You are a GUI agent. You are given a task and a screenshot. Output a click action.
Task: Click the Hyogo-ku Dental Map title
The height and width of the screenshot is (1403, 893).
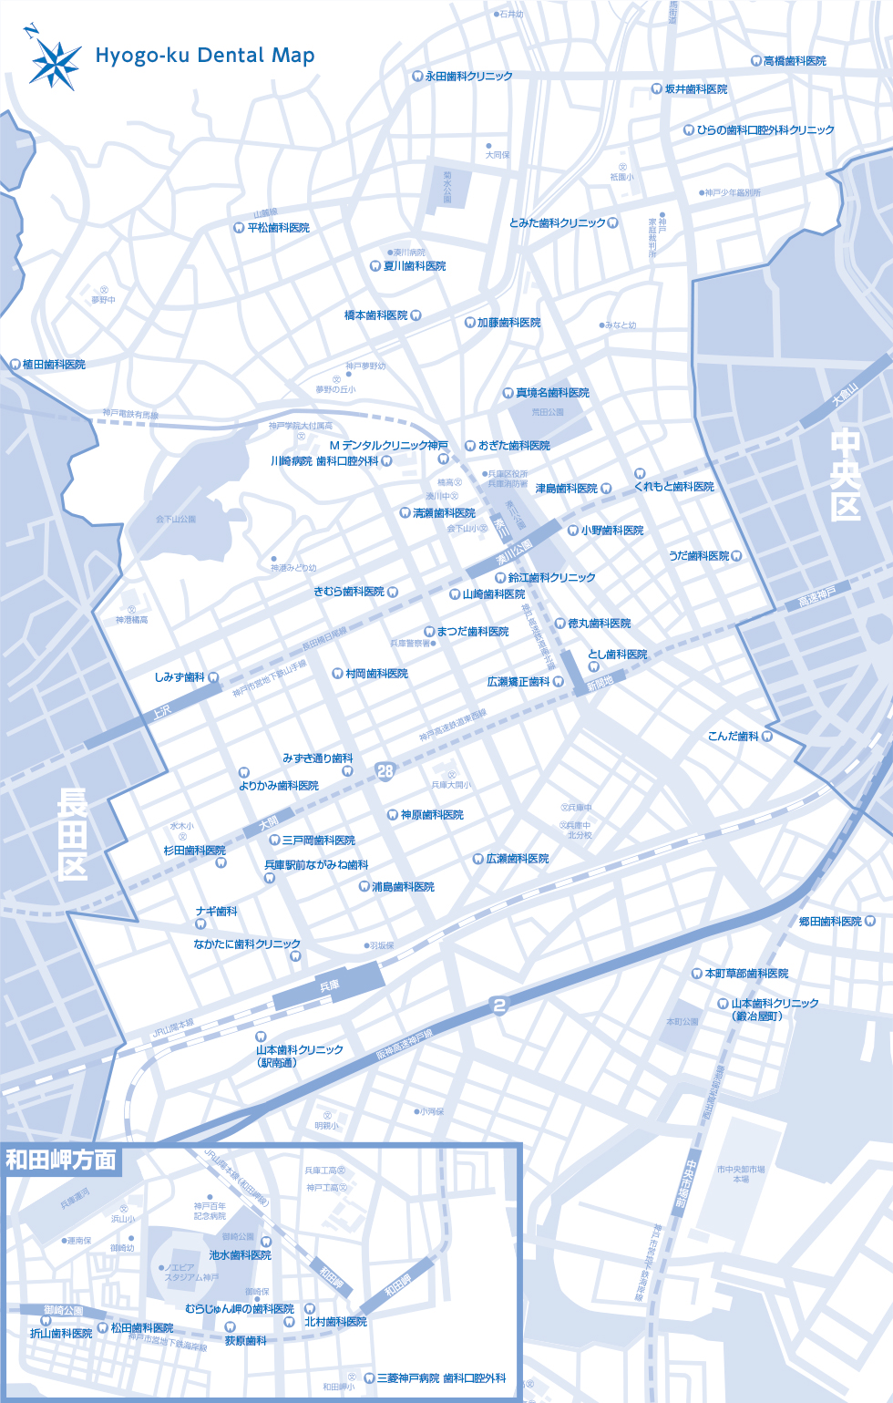point(205,56)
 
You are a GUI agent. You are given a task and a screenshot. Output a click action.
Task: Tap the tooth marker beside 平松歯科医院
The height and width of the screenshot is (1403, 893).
point(239,228)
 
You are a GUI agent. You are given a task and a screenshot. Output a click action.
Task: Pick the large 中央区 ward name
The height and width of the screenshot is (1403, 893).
point(846,475)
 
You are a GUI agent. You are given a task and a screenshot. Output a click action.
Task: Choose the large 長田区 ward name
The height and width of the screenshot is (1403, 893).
point(73,834)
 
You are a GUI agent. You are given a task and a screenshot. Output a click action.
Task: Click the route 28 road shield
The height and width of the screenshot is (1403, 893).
point(385,771)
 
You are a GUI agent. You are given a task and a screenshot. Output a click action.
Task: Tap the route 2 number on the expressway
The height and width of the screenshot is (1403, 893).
point(498,1006)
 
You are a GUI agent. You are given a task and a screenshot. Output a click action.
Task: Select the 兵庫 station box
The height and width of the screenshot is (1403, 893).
point(329,985)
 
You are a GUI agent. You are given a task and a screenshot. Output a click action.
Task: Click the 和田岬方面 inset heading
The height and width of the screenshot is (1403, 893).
point(61,1160)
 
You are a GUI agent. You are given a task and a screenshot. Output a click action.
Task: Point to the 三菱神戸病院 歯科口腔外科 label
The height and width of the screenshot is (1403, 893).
point(441,1378)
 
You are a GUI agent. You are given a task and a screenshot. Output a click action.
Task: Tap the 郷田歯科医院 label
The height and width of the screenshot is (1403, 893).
point(830,922)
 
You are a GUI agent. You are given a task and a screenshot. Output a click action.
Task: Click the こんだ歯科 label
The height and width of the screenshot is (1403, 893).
point(734,737)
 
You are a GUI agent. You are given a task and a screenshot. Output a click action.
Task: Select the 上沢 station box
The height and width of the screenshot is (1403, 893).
point(161,710)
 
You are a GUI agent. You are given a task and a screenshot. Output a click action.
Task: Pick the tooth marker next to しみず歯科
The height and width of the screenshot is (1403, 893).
point(213,677)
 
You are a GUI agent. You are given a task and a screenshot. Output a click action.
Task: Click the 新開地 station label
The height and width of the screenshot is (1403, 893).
point(600,684)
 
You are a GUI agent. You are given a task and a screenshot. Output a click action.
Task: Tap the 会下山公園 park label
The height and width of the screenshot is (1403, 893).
point(176,520)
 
